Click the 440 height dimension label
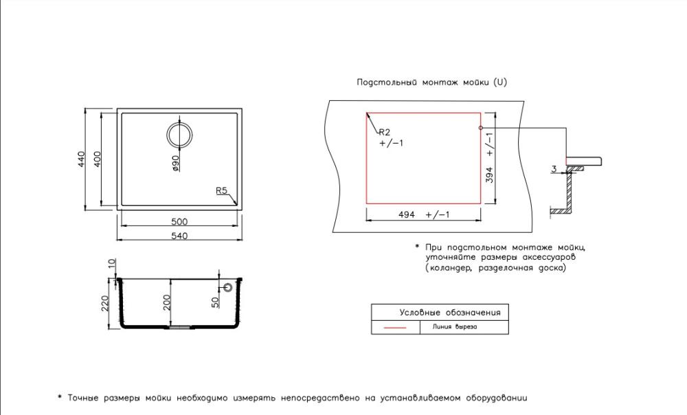tap(81, 159)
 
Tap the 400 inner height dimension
tap(98, 159)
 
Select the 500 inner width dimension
tap(179, 222)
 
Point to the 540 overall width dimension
tap(179, 236)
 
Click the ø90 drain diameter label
tap(175, 163)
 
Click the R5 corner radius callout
tap(222, 190)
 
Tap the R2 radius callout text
tap(384, 132)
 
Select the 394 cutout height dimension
tap(490, 175)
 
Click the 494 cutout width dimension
tap(407, 215)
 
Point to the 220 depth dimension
tap(104, 303)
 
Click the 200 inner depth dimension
tap(167, 302)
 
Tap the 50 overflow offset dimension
tap(215, 302)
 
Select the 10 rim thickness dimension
tap(112, 263)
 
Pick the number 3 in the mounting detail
tap(554, 169)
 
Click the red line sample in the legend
tap(395, 327)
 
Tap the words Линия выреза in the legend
tap(455, 327)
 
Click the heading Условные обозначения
tap(450, 313)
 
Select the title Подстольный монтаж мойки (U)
tap(431, 82)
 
